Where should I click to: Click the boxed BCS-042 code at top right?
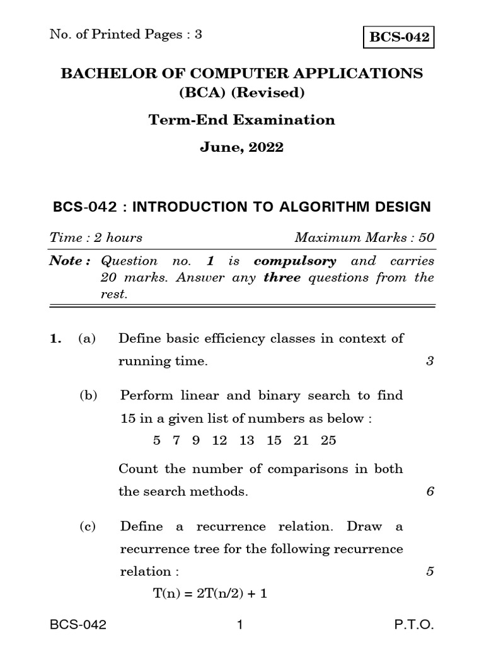[x=399, y=37]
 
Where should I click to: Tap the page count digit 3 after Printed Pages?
[x=198, y=35]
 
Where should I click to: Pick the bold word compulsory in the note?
[x=295, y=261]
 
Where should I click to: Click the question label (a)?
[x=87, y=338]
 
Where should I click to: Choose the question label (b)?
[x=88, y=396]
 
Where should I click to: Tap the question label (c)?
[x=87, y=527]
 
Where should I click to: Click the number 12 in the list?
[x=219, y=440]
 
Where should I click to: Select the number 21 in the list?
[x=301, y=440]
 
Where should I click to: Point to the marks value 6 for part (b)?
[x=430, y=492]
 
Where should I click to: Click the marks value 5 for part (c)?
[x=430, y=572]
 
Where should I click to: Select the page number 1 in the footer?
[x=239, y=625]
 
